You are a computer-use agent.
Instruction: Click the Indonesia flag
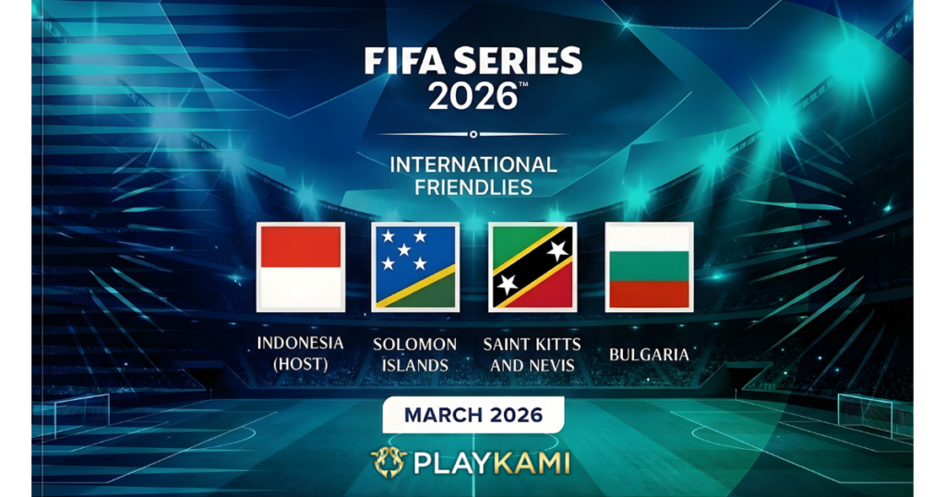301,267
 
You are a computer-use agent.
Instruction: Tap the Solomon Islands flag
415,267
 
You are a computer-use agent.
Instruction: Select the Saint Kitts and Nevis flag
532,267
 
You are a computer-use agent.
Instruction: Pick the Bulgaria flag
648,267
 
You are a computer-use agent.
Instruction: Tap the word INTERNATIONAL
473,165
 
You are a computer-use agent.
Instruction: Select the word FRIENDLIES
473,188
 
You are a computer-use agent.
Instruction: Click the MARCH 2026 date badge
473,414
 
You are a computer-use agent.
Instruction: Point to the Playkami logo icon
389,462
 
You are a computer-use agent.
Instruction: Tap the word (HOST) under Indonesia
301,365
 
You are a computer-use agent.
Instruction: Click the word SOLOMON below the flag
415,345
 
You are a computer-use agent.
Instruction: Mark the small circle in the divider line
473,134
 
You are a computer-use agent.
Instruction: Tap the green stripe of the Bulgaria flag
648,266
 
